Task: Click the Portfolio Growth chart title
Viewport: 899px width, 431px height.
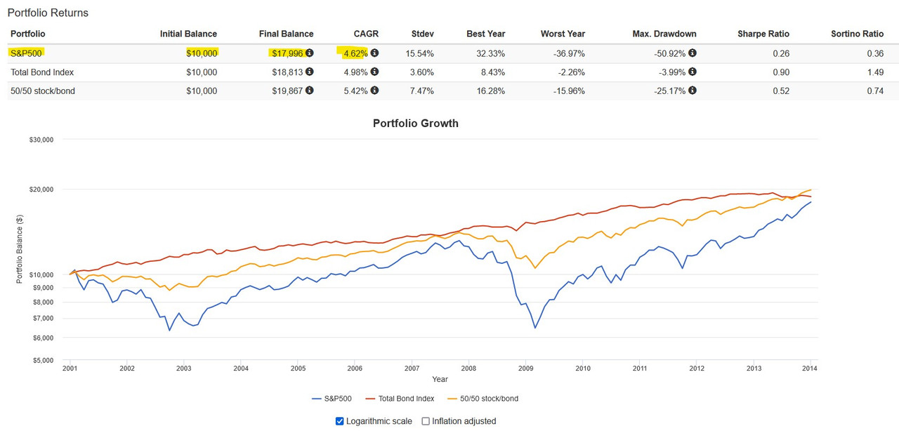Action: point(415,124)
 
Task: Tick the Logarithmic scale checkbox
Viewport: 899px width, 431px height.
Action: point(340,421)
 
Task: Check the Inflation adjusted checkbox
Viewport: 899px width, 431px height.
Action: point(426,421)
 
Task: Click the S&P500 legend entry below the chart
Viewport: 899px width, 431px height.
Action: point(334,399)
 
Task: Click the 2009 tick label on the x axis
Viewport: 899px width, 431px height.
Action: point(525,368)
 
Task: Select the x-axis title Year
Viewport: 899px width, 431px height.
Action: point(440,379)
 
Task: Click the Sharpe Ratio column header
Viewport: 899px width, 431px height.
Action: point(763,34)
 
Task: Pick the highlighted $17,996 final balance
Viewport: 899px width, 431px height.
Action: point(288,53)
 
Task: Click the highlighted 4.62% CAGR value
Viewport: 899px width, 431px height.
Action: point(355,53)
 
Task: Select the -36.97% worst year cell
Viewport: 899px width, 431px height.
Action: point(567,53)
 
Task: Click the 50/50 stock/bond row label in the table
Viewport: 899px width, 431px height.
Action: point(43,91)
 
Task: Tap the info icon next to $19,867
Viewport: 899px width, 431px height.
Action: point(310,91)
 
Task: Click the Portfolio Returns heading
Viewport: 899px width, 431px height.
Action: point(48,13)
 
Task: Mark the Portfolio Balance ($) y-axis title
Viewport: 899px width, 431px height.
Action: point(20,250)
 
